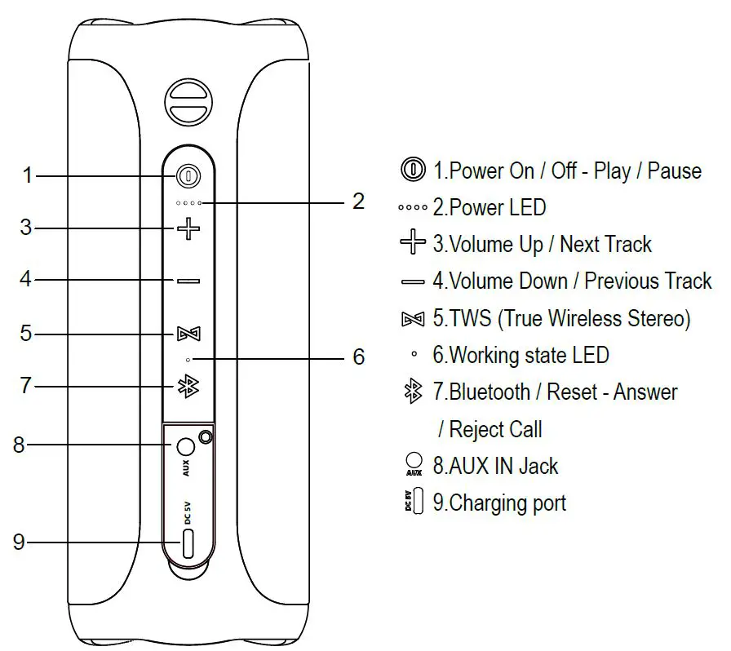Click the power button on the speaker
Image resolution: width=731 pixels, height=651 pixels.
188,175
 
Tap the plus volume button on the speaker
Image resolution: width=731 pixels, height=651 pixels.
188,228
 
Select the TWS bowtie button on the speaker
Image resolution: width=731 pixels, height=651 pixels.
188,334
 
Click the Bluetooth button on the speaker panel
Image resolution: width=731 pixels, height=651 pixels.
188,386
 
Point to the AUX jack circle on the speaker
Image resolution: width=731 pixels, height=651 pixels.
185,446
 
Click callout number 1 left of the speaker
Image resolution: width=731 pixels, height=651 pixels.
27,175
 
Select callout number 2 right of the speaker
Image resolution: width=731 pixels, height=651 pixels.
358,201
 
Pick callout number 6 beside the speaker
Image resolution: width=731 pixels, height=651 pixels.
358,357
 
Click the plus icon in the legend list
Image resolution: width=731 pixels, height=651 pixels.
413,243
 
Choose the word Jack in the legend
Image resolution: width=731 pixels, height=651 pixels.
538,467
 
